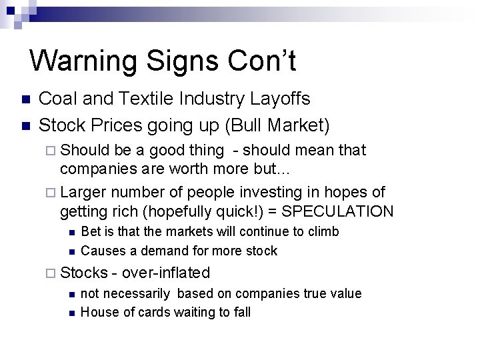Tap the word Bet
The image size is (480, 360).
pyautogui.click(x=91, y=232)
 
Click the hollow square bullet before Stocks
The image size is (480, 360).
pyautogui.click(x=53, y=273)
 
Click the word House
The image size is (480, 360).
pyautogui.click(x=97, y=313)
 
